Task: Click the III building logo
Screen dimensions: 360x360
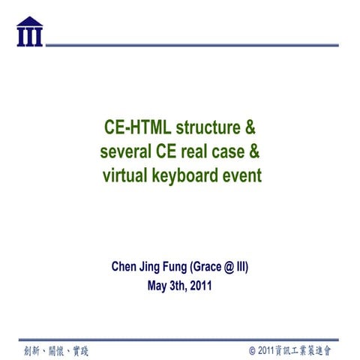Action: [29, 31]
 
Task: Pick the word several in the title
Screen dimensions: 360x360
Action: [125, 151]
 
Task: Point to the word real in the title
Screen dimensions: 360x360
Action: [200, 151]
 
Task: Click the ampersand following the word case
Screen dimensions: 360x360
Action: [254, 151]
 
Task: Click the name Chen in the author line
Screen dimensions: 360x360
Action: [124, 266]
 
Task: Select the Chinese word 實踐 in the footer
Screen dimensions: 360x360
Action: [78, 350]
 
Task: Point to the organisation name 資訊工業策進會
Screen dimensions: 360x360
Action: [306, 350]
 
